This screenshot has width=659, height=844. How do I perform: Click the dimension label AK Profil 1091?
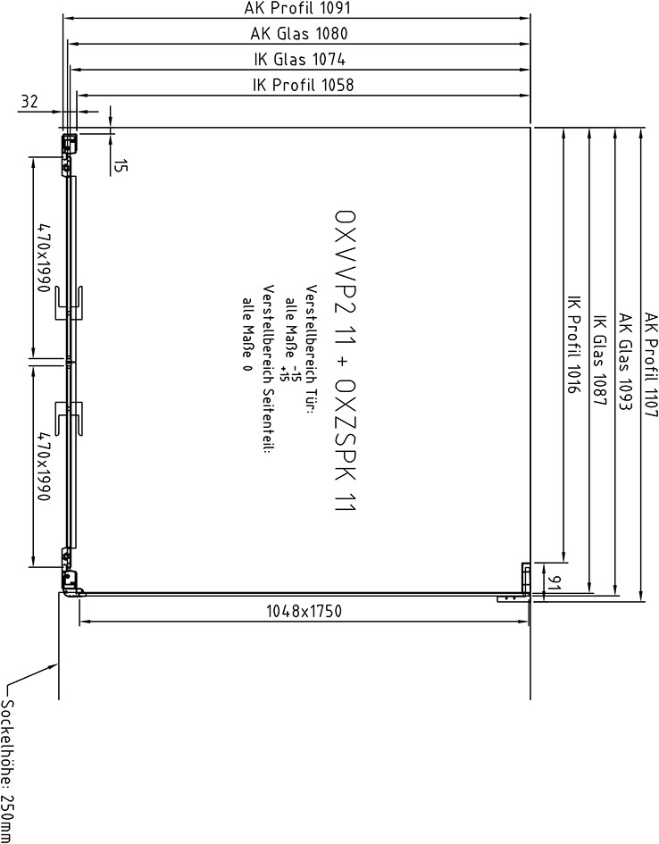297,8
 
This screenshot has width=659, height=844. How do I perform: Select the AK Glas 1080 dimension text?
299,33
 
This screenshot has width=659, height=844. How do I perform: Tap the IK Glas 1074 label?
300,59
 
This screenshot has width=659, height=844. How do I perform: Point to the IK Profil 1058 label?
304,85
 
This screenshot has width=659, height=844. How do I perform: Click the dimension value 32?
30,101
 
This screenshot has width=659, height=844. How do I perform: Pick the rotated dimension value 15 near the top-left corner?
121,166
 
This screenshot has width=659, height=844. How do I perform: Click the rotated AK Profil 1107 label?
651,365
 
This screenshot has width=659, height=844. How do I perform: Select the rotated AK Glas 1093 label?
624,363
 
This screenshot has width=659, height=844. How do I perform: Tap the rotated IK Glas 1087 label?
599,361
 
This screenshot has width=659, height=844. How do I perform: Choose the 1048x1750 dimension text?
304,612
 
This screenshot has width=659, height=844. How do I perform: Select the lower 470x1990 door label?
44,466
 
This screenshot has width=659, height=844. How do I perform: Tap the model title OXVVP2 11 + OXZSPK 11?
345,360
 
